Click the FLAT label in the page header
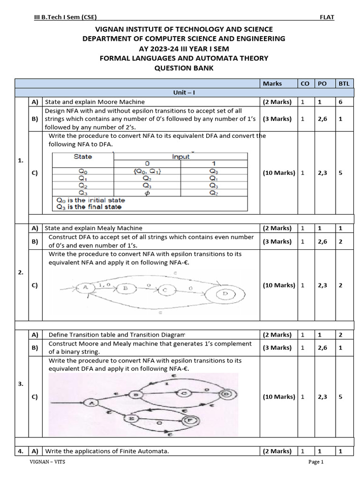pos(327,17)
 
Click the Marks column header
pos(272,83)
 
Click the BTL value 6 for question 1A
pos(340,102)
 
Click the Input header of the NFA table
pos(180,157)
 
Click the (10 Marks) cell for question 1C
pos(278,172)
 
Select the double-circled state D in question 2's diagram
pos(225,294)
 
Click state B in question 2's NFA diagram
pos(125,288)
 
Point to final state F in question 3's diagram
pos(190,420)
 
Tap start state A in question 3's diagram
pos(91,402)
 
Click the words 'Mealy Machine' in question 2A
pos(126,228)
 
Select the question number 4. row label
pos(21,451)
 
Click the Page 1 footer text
pos(316,462)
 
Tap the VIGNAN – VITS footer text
pos(48,462)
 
